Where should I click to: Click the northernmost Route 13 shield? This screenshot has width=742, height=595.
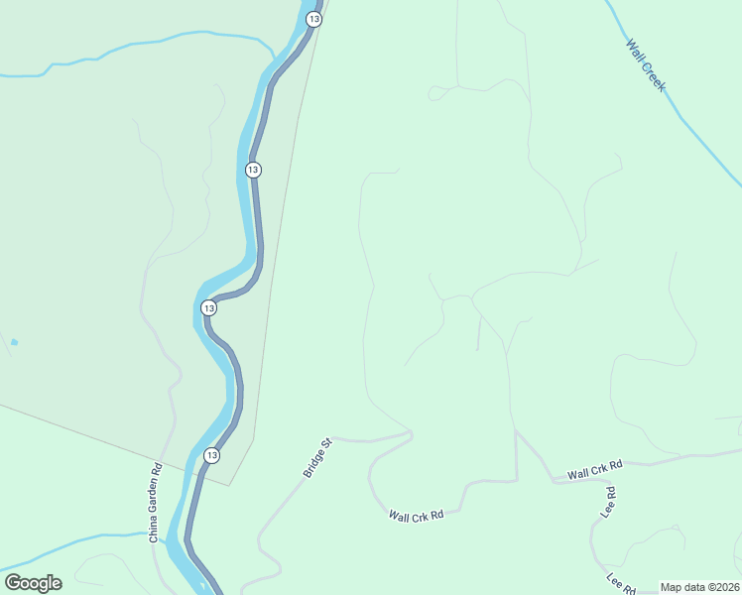tap(314, 19)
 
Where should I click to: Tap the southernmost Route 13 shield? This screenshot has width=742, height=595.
tap(211, 455)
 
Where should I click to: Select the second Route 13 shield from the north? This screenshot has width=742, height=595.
tap(253, 170)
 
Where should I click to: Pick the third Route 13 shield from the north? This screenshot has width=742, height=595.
tap(208, 308)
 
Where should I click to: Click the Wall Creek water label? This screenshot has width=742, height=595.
tap(646, 65)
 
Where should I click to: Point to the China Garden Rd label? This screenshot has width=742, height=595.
tap(156, 504)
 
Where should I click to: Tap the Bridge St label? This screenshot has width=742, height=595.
tap(317, 458)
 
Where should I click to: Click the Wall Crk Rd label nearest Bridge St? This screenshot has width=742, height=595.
tap(416, 516)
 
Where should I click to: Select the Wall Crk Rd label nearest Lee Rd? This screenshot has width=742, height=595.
tap(595, 470)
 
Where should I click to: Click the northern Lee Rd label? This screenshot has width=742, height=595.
tap(609, 501)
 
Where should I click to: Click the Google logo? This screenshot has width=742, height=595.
tap(33, 583)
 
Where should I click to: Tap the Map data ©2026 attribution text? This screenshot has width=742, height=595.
tap(698, 587)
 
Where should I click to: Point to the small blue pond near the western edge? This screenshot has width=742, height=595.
tap(14, 342)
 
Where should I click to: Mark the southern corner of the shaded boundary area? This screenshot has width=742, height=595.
tap(231, 485)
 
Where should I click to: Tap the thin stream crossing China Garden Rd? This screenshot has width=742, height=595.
tap(99, 538)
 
